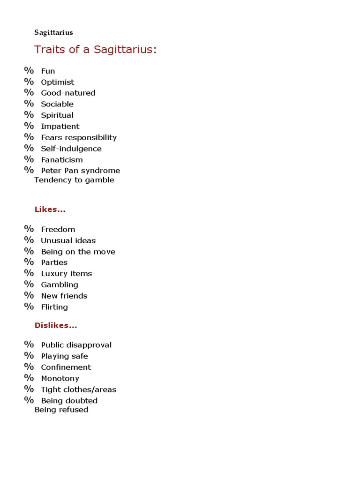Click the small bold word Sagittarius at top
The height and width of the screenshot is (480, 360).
[x=53, y=32]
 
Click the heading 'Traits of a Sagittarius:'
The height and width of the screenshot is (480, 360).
[x=95, y=49]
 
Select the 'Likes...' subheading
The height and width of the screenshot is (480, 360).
[x=50, y=210]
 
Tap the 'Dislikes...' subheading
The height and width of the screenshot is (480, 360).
[x=56, y=325]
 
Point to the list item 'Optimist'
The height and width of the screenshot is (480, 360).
[x=57, y=82]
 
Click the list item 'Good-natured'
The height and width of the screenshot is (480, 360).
[x=68, y=93]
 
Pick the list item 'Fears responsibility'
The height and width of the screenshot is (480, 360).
[x=79, y=137]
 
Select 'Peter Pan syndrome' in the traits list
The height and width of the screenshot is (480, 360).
[x=80, y=171]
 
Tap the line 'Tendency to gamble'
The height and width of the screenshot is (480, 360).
[x=74, y=180]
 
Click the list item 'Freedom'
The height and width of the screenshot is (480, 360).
[x=58, y=229]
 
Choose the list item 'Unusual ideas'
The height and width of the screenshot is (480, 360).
[x=68, y=240]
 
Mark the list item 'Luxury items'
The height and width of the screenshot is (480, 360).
[x=66, y=274]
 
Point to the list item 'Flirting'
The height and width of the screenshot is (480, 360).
[x=54, y=307]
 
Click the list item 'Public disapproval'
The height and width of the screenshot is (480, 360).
[x=76, y=345]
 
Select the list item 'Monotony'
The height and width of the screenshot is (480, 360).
[x=60, y=378]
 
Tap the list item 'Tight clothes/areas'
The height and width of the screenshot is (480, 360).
[x=78, y=390]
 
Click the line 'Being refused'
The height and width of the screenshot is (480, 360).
[x=61, y=410]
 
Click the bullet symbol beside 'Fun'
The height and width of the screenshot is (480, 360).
[x=29, y=70]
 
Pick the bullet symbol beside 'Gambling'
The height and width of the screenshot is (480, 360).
[x=29, y=284]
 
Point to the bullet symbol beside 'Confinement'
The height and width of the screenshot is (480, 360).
[x=29, y=367]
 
